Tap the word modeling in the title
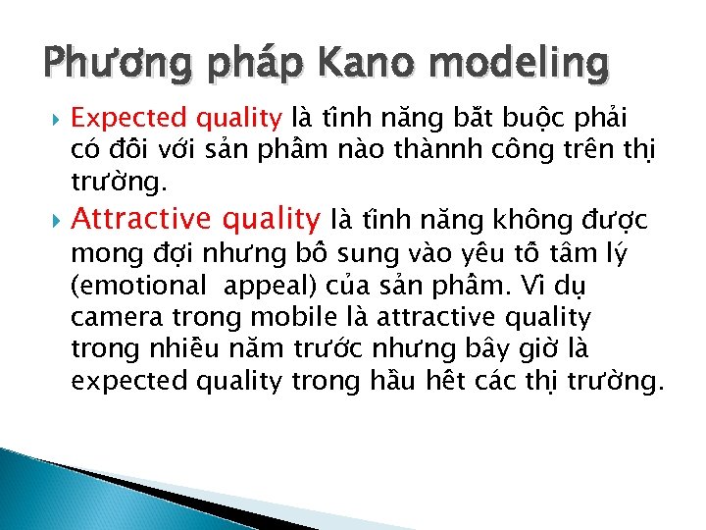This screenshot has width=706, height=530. coord(519,66)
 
